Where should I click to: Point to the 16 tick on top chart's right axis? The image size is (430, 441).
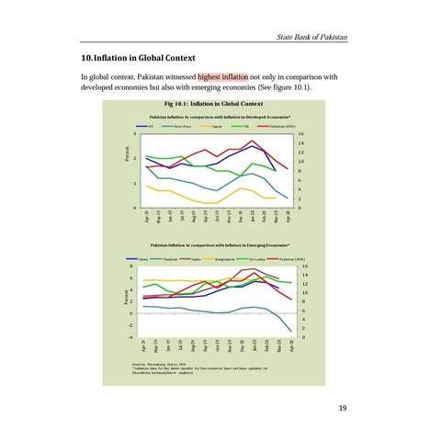coord(300,134)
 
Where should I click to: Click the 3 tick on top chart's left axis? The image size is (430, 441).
coord(134,134)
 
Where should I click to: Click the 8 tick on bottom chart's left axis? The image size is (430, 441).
coord(133,266)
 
